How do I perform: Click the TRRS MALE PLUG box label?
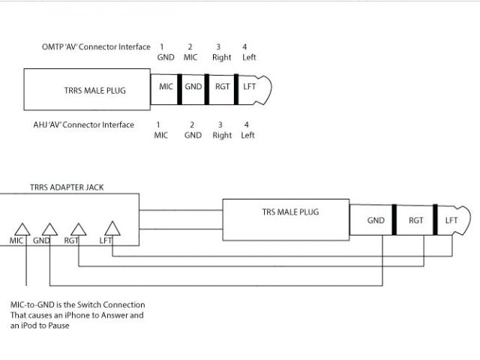[x=85, y=91]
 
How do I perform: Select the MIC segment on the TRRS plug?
[x=166, y=88]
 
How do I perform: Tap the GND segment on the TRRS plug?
[x=193, y=88]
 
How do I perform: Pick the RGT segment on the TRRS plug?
[x=221, y=88]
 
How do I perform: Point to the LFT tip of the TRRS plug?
[x=250, y=88]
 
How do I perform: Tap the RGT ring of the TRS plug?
[x=416, y=220]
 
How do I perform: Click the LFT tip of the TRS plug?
[x=451, y=220]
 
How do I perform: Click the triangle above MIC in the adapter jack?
[x=22, y=228]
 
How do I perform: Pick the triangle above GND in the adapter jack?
[x=49, y=228]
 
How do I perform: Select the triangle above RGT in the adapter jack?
[x=76, y=228]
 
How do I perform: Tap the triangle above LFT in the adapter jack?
[x=111, y=227]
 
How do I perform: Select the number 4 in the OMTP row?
[x=244, y=47]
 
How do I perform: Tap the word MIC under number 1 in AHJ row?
[x=161, y=136]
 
